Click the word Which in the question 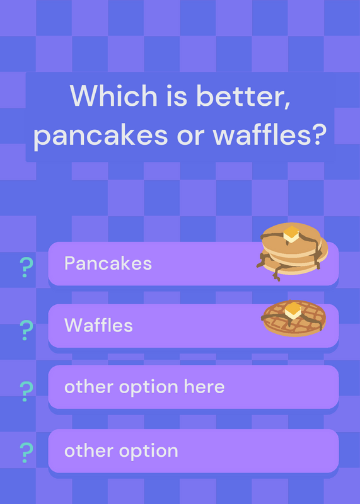(x=113, y=96)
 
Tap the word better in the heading (x=243, y=96)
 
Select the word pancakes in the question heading (x=100, y=135)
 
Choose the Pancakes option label (x=108, y=263)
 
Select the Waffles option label (x=98, y=325)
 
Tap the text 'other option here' (x=144, y=387)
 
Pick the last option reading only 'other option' (x=121, y=450)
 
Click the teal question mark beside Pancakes (x=26, y=267)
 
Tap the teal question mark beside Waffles (x=26, y=330)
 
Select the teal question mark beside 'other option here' (x=26, y=391)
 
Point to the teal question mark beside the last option (x=26, y=452)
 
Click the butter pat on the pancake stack (x=291, y=234)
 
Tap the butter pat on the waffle (x=293, y=310)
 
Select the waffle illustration (x=293, y=318)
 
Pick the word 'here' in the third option (x=204, y=386)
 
